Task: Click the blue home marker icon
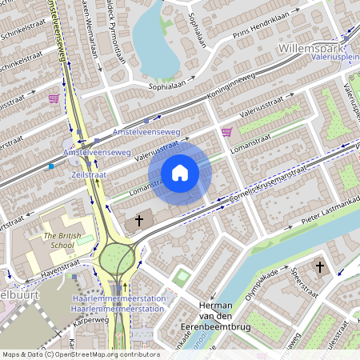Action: (x=180, y=173)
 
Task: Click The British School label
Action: (x=62, y=241)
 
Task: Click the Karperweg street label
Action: (x=90, y=319)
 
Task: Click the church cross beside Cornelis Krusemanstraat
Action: (x=138, y=219)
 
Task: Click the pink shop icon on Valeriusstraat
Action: (x=226, y=132)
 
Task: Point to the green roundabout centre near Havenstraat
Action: (x=119, y=258)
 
